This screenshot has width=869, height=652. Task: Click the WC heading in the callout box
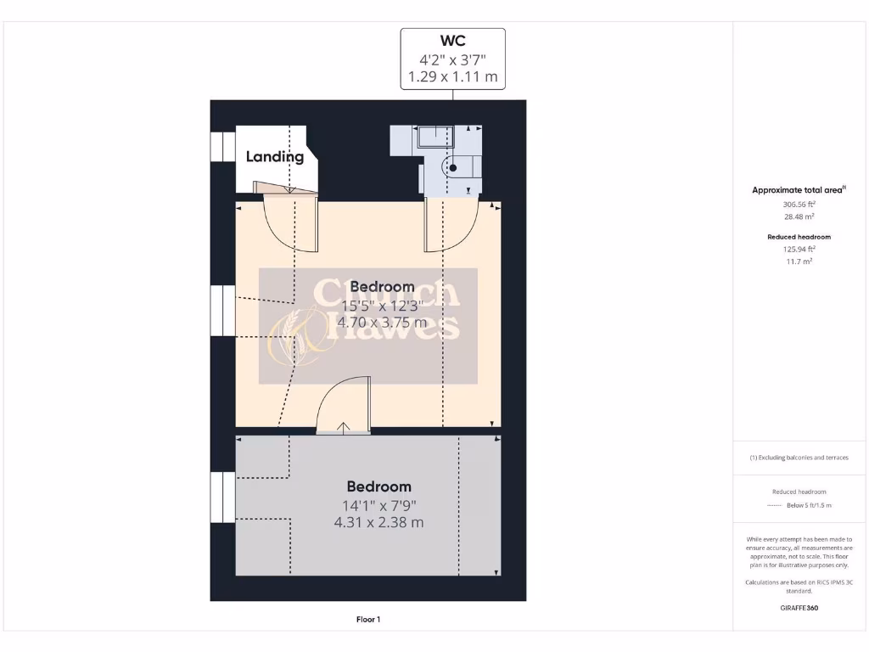452,41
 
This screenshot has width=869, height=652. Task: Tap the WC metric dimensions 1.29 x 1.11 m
452,76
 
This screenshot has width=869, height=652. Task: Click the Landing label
275,156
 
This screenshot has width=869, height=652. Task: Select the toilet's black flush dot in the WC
453,168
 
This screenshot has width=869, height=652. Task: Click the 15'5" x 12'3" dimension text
382,306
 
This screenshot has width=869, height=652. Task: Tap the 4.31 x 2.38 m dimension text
378,522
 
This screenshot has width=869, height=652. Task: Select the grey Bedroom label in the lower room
378,486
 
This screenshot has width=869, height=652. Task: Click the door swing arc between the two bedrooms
344,403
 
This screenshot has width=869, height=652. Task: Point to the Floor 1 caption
368,620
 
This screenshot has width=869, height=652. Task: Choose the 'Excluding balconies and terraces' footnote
799,458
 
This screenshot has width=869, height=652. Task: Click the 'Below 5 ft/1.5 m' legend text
808,505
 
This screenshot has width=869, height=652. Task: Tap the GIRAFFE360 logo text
799,608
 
